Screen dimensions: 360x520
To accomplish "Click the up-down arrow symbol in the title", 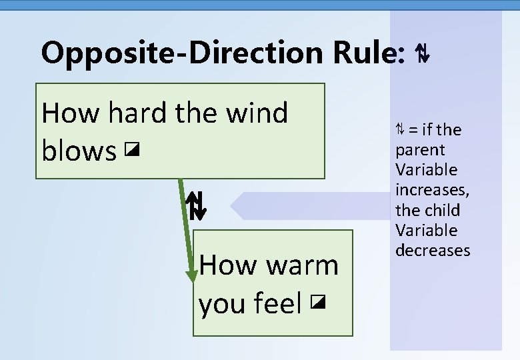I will coord(421,53).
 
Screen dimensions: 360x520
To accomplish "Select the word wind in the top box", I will coord(256,113).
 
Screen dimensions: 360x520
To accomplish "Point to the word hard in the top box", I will coord(137,113).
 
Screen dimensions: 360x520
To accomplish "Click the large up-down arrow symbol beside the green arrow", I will coord(196,206).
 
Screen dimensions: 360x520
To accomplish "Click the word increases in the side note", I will coord(432,191).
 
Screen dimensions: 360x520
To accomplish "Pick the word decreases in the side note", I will coord(433,251).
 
